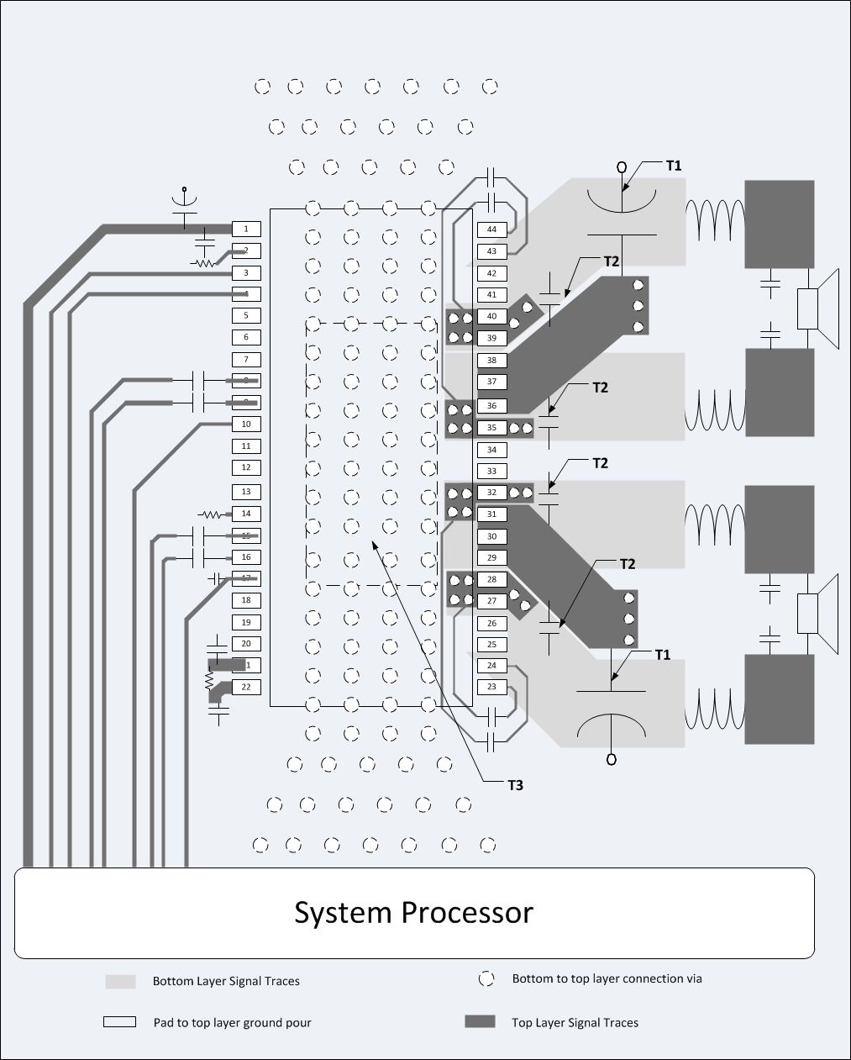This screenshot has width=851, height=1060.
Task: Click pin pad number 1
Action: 246,229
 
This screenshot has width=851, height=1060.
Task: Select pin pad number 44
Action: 491,229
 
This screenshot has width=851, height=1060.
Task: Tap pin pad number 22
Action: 246,687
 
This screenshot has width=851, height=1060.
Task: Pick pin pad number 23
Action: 491,687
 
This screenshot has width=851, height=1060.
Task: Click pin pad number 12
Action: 246,467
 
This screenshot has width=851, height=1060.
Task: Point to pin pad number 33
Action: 491,472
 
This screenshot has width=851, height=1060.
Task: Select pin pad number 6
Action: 246,337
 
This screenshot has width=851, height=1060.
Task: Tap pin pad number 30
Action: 491,536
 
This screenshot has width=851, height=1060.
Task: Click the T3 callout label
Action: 515,785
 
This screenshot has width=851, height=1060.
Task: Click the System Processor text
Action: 413,912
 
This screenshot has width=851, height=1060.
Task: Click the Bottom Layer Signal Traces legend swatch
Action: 120,981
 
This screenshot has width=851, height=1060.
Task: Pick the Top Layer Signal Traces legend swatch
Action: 480,1022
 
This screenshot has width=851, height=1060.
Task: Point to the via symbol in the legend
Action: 486,979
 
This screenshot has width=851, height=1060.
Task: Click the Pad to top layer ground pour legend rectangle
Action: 120,1022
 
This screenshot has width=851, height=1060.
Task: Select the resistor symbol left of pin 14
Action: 208,514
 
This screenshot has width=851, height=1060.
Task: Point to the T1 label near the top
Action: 674,166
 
